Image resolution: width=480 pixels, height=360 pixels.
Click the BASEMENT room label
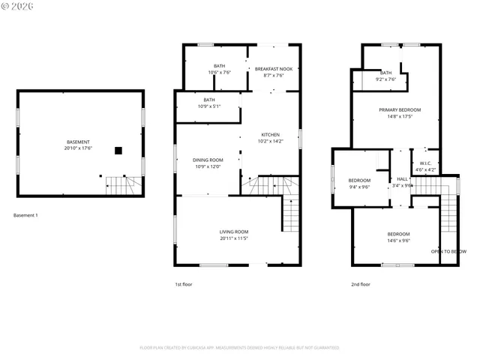coord(78,142)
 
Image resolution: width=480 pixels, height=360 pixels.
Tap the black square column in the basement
coord(118,150)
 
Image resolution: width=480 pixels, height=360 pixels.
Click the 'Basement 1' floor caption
coord(25,216)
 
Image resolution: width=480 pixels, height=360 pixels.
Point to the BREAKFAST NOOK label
coord(274,69)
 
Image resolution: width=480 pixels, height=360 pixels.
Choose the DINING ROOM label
coord(208,160)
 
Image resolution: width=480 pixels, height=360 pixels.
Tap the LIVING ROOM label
coord(234,232)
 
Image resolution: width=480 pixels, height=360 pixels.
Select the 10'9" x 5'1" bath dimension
coord(208,106)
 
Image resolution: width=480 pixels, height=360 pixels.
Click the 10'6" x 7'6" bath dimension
coord(219,73)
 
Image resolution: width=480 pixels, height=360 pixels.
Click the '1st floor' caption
coord(184,284)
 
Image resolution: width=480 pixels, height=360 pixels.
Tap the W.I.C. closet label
coord(424,163)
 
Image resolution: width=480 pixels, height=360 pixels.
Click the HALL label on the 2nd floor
coord(402,179)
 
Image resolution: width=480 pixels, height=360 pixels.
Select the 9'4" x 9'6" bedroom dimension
coord(359,187)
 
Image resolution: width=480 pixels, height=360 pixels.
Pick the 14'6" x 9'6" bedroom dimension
coord(398,241)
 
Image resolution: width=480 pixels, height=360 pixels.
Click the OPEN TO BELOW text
coord(448,251)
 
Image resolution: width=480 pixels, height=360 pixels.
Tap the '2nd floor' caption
coord(361,284)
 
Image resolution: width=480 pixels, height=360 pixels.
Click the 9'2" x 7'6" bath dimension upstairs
coord(385,79)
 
